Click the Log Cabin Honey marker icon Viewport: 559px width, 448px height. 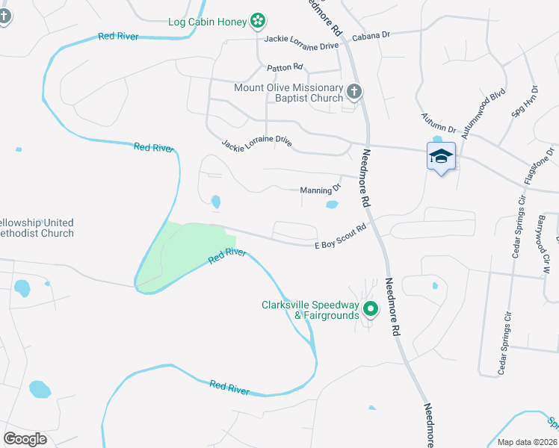click(258, 20)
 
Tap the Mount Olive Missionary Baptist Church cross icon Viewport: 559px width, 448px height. click(354, 93)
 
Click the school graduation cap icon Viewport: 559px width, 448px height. click(441, 156)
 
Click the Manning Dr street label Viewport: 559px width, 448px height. click(320, 189)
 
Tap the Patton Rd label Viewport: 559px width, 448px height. click(283, 68)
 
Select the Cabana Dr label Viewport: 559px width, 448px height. click(371, 35)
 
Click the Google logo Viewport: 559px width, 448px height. click(25, 438)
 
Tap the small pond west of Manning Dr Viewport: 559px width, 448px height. click(216, 201)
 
